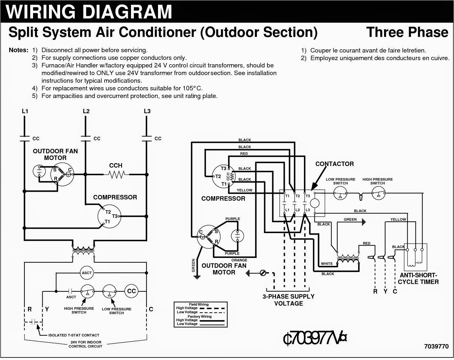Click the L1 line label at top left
pyautogui.click(x=25, y=111)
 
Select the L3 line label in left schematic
pyautogui.click(x=147, y=111)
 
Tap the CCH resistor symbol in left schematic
pyautogui.click(x=116, y=174)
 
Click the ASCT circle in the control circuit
pyautogui.click(x=87, y=273)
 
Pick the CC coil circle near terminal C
pyautogui.click(x=131, y=291)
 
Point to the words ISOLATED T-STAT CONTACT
pyautogui.click(x=73, y=335)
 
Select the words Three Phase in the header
pyautogui.click(x=407, y=32)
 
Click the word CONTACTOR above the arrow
pyautogui.click(x=334, y=164)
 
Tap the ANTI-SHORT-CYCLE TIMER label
pyautogui.click(x=418, y=279)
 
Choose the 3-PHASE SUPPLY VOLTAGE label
pyautogui.click(x=288, y=300)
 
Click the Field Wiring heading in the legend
pyautogui.click(x=199, y=304)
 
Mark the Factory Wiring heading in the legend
pyautogui.click(x=200, y=316)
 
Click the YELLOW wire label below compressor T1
pyautogui.click(x=244, y=190)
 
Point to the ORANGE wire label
pyautogui.click(x=239, y=260)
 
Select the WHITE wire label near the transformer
pyautogui.click(x=327, y=263)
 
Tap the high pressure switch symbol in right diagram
pyautogui.click(x=378, y=193)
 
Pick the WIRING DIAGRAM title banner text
pyautogui.click(x=89, y=11)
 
